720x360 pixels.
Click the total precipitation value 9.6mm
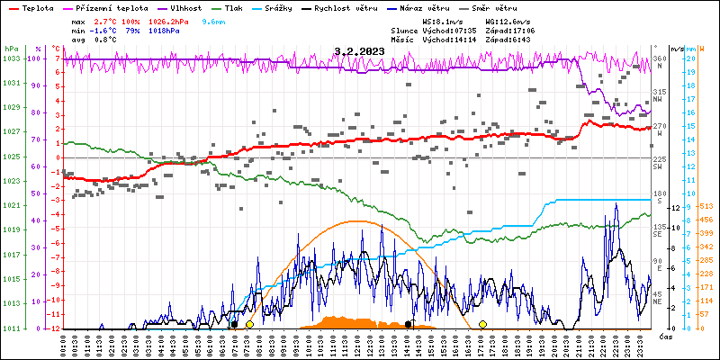[213, 21]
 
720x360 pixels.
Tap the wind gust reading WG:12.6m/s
[509, 21]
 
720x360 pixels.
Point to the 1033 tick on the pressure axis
[11, 58]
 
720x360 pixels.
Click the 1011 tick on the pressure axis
[11, 328]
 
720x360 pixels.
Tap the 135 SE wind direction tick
[659, 230]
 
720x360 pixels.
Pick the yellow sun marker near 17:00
[482, 324]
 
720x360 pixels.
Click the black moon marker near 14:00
[408, 324]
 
